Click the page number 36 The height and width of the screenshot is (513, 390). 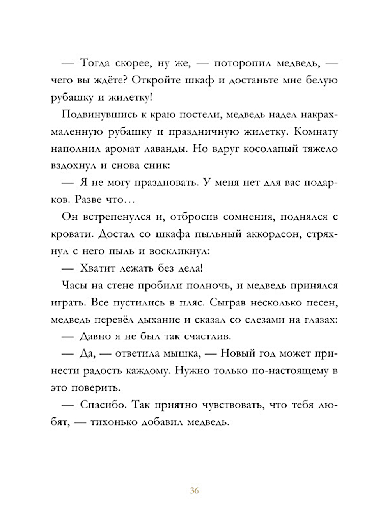click(x=195, y=491)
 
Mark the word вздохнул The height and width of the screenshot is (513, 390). click(x=72, y=166)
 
